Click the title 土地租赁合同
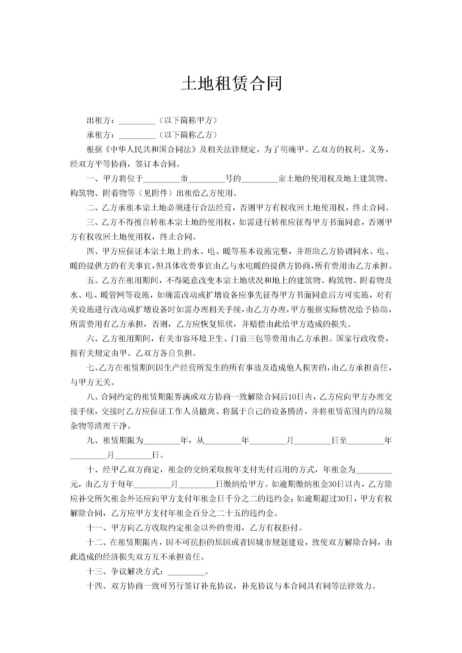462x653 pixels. point(231,84)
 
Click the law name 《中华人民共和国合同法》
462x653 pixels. point(151,150)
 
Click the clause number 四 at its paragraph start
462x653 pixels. point(90,251)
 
